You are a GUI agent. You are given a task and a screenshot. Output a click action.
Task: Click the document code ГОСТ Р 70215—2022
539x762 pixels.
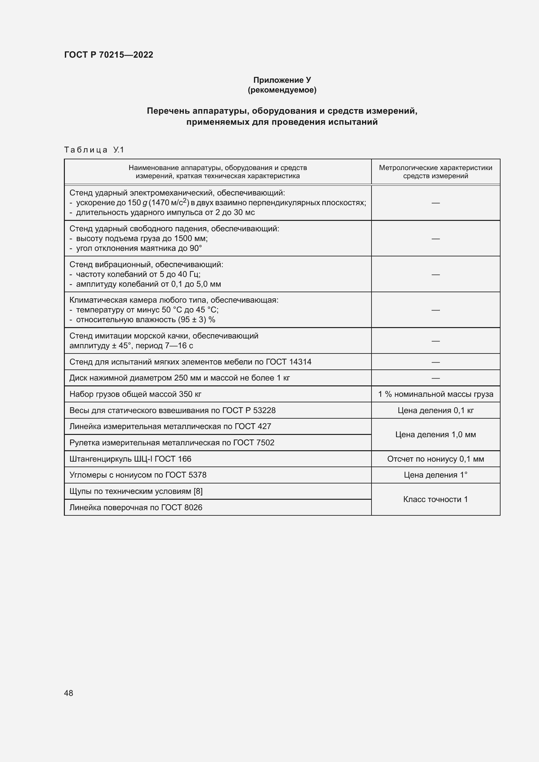109,55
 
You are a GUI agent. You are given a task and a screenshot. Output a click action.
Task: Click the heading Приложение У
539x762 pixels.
282,80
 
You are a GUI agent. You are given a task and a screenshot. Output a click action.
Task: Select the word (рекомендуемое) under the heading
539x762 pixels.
282,90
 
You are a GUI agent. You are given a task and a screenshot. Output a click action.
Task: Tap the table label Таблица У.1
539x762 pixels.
94,150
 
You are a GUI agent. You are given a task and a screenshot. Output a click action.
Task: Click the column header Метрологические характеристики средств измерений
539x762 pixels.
435,172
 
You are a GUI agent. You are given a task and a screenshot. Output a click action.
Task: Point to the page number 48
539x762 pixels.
68,693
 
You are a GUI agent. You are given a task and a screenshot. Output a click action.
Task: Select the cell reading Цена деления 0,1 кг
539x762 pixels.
435,410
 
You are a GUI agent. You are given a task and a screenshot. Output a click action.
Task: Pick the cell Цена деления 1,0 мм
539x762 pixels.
435,435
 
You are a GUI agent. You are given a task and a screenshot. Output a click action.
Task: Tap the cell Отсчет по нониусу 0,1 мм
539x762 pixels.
435,459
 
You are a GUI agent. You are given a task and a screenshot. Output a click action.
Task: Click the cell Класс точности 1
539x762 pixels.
435,499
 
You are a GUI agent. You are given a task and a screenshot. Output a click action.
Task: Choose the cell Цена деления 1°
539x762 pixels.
435,475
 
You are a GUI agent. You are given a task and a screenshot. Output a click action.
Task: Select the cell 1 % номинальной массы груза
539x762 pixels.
435,394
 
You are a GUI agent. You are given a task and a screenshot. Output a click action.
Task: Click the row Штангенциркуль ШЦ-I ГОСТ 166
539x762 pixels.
130,459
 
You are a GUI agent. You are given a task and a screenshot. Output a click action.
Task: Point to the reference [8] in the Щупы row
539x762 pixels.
198,491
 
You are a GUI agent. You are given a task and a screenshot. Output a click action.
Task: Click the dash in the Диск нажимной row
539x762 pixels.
435,378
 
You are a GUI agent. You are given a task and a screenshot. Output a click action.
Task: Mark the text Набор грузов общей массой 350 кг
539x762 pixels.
135,394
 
